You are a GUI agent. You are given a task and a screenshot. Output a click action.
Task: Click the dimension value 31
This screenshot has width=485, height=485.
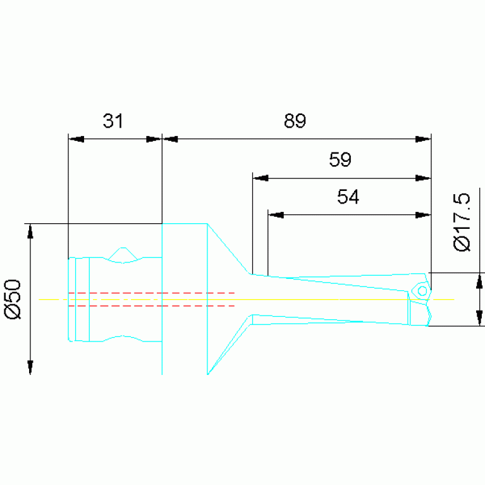113,121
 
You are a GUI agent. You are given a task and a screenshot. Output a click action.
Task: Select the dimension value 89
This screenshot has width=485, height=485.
295,121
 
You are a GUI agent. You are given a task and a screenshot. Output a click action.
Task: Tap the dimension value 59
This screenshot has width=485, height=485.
340,159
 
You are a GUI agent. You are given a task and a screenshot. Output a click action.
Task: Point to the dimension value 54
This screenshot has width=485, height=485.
348,197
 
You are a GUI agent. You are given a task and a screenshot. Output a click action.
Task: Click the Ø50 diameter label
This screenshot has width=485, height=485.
13,299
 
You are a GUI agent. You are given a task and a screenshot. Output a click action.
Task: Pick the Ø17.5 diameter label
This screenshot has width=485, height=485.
462,222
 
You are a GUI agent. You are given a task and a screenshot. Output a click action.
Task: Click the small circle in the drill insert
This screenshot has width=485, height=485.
422,291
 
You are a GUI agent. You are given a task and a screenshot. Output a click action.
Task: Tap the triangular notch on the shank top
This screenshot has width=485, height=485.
123,254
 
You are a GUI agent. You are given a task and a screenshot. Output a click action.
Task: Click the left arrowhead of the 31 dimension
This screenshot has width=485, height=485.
76,139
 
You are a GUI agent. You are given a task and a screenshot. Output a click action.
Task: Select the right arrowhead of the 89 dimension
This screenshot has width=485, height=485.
423,139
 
